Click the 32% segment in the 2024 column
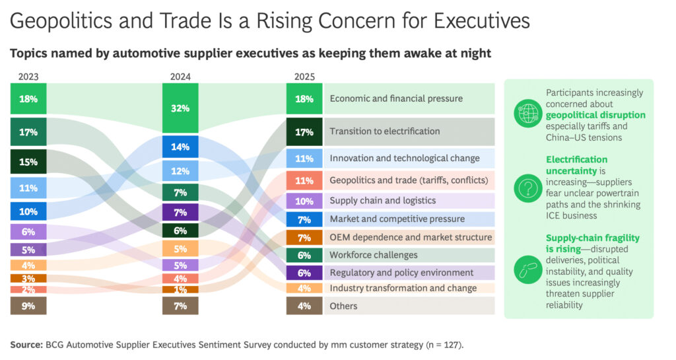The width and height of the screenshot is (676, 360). pyautogui.click(x=180, y=108)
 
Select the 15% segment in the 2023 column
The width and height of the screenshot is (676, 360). pyautogui.click(x=28, y=162)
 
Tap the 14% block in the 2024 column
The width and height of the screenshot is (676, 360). pyautogui.click(x=180, y=147)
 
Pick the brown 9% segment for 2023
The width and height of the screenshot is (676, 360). pyautogui.click(x=28, y=306)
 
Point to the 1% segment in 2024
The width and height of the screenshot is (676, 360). pyautogui.click(x=180, y=289)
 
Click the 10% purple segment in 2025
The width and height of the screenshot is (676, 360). pyautogui.click(x=304, y=201)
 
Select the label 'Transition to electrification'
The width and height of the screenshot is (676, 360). pyautogui.click(x=384, y=131)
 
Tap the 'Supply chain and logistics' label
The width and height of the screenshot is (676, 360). pyautogui.click(x=382, y=201)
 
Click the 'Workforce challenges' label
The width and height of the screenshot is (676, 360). pyautogui.click(x=374, y=255)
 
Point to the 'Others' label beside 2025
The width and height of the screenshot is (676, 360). pyautogui.click(x=343, y=306)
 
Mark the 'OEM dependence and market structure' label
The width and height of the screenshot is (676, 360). pyautogui.click(x=411, y=237)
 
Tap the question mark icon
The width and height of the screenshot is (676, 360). pyautogui.click(x=528, y=190)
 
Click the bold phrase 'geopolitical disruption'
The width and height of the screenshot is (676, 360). pyautogui.click(x=595, y=116)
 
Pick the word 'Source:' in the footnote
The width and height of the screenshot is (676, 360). pyautogui.click(x=26, y=345)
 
